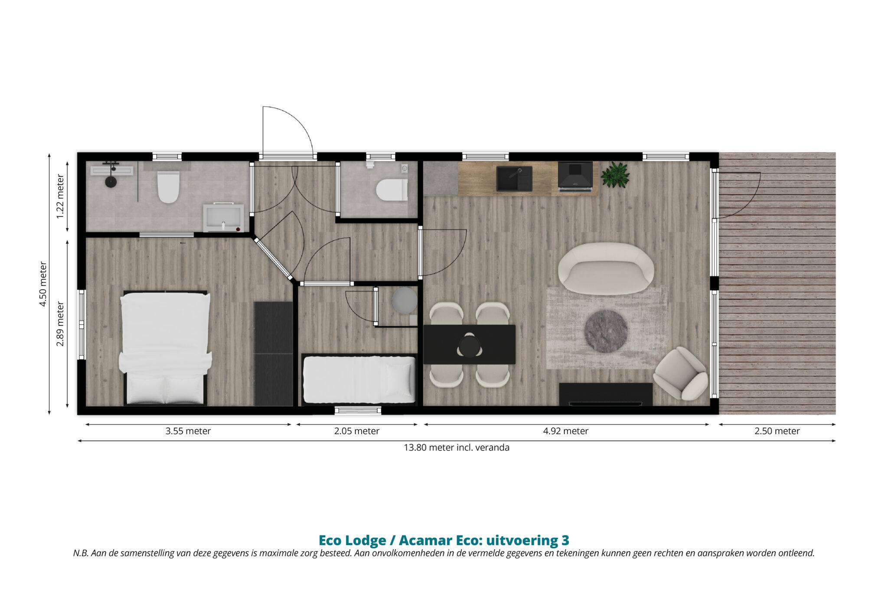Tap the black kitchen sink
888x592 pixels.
pos(513,179)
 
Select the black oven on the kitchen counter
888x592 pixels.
pos(575,176)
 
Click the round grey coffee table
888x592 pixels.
pos(606,331)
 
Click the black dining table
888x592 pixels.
pos(469,344)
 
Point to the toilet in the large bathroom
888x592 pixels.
pos(168,187)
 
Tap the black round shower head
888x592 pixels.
pos(111,182)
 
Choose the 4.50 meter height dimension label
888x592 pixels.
pos(43,284)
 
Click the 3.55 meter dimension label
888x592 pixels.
pos(188,431)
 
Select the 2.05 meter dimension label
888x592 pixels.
pos(357,431)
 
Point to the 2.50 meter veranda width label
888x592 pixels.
pos(777,431)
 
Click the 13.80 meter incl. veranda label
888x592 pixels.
pos(457,448)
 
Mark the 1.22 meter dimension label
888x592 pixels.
pos(60,197)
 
